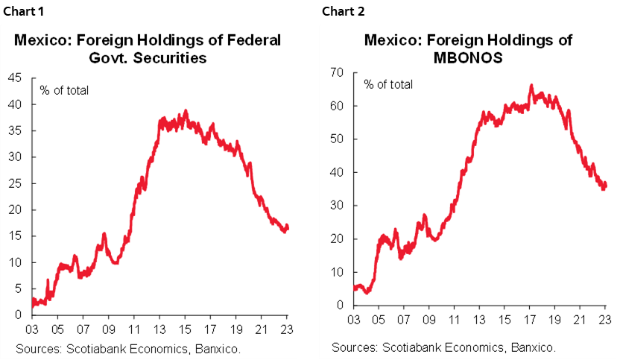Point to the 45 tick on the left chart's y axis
pyautogui.click(x=14, y=78)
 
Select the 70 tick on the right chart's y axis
pyautogui.click(x=338, y=72)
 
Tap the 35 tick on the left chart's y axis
pyautogui.click(x=14, y=130)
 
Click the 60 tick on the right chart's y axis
pyautogui.click(x=338, y=106)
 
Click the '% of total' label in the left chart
pyautogui.click(x=64, y=90)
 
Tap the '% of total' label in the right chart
pyautogui.click(x=387, y=84)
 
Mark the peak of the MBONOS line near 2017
pyautogui.click(x=531, y=86)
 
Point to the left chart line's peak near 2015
pyautogui.click(x=186, y=111)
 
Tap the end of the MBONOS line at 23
pyautogui.click(x=606, y=184)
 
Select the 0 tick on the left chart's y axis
pyautogui.click(x=17, y=315)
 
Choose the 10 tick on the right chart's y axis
pyautogui.click(x=338, y=272)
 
